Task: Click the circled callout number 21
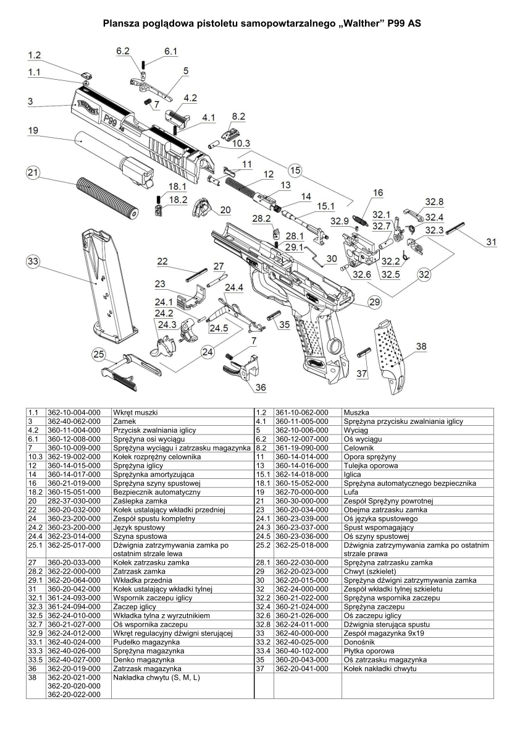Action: tap(33, 173)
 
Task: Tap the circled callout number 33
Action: tap(33, 262)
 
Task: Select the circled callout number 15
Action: tap(295, 169)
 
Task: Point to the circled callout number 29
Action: tap(374, 302)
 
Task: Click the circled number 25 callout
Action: tap(98, 354)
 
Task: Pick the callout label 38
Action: tap(421, 347)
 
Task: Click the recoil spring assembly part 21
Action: tap(107, 197)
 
